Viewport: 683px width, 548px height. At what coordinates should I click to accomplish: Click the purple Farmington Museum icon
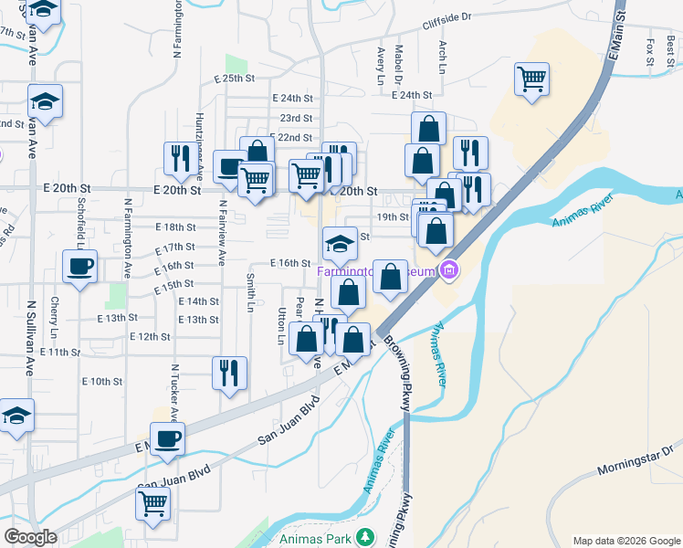click(x=448, y=270)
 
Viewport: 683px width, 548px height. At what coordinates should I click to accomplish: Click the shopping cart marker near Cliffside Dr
click(x=531, y=79)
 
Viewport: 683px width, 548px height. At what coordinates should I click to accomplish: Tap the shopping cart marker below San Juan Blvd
click(x=152, y=502)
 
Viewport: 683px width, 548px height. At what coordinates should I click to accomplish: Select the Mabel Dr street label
click(x=399, y=61)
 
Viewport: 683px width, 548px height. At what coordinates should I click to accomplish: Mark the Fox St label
click(x=649, y=52)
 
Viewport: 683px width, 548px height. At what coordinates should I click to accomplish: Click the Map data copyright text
click(x=625, y=540)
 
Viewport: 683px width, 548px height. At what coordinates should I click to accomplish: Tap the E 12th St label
click(x=151, y=337)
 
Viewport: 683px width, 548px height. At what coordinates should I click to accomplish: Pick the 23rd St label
click(x=296, y=119)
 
